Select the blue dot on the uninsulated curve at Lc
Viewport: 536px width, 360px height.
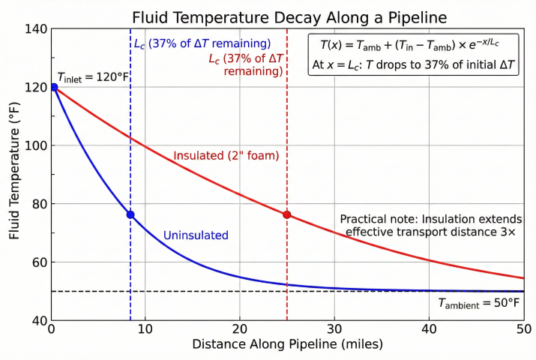(x=130, y=214)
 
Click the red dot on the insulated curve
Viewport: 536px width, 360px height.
(x=287, y=214)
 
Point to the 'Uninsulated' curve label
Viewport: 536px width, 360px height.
(x=196, y=235)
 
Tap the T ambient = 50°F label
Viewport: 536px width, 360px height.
(x=479, y=304)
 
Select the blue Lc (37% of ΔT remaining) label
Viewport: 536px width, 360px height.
(x=202, y=43)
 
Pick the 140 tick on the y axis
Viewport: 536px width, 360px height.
(x=34, y=29)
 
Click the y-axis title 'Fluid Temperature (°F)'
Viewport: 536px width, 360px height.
(x=14, y=175)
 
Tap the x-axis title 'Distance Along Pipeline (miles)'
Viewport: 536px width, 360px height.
(x=288, y=345)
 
